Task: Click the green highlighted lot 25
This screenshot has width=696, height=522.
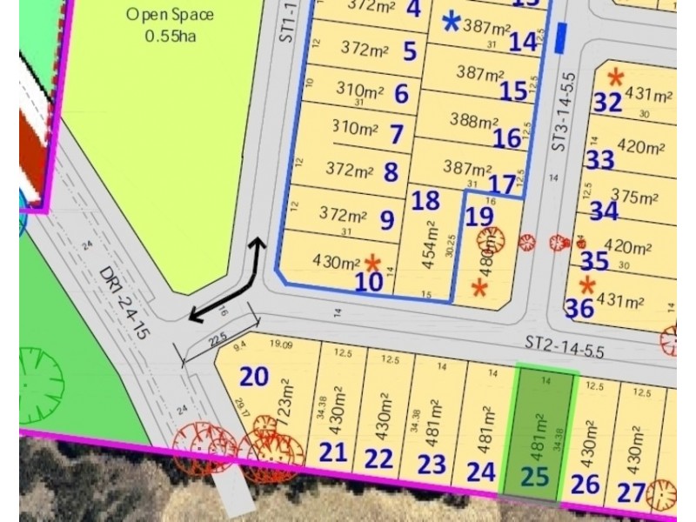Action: [x=546, y=435]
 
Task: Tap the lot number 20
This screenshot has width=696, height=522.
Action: [x=254, y=377]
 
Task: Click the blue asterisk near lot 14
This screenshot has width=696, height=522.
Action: [x=452, y=23]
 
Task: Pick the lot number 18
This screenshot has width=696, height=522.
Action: [x=425, y=201]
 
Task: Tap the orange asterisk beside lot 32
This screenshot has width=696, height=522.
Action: [x=616, y=77]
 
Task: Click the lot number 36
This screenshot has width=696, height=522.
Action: [x=579, y=307]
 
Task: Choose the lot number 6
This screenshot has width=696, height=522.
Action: [x=401, y=93]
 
